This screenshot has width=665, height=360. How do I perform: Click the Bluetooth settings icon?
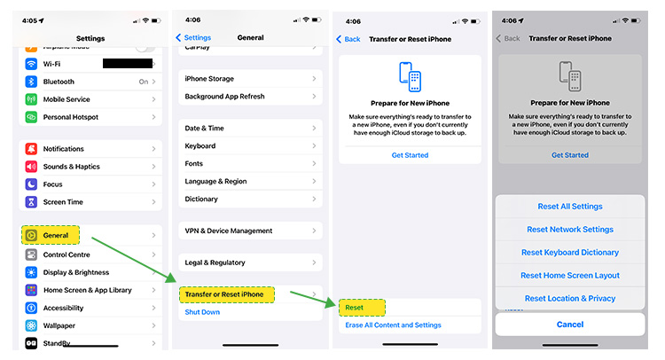click(31, 82)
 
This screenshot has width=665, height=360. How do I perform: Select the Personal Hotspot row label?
click(70, 117)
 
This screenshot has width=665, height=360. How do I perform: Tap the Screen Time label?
click(63, 202)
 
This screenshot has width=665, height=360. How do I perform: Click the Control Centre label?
click(68, 254)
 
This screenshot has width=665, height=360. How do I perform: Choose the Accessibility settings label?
click(64, 308)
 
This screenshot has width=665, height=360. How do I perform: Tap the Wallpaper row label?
click(60, 325)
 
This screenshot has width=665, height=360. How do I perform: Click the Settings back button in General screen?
click(193, 38)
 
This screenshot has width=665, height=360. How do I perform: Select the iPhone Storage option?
click(208, 79)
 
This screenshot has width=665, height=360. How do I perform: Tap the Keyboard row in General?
click(200, 146)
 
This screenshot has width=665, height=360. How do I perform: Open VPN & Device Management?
click(229, 231)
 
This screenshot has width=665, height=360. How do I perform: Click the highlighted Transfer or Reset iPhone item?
click(224, 294)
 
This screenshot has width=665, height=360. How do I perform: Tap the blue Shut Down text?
click(202, 312)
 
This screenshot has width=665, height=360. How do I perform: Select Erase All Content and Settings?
click(393, 325)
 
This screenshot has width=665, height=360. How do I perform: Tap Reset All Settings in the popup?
click(570, 207)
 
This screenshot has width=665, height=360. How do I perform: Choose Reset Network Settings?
click(570, 230)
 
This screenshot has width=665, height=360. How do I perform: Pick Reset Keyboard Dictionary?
click(570, 253)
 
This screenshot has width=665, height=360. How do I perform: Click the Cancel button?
click(570, 325)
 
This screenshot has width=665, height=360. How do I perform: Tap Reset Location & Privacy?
click(570, 299)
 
